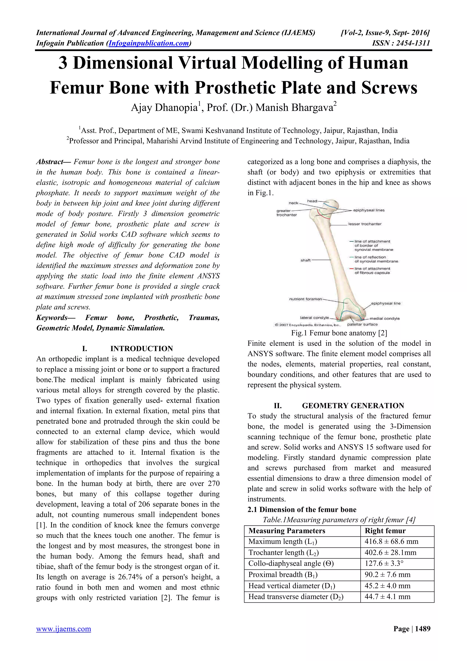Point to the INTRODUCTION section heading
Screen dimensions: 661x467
(x=141, y=349)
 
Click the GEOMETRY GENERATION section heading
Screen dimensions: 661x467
(x=353, y=406)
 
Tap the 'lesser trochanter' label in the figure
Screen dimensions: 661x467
(x=365, y=224)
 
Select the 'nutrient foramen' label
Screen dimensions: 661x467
(x=305, y=299)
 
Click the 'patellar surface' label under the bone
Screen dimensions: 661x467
(x=362, y=324)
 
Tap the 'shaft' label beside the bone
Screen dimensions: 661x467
(x=305, y=260)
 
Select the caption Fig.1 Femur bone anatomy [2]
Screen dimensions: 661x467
(x=339, y=333)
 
